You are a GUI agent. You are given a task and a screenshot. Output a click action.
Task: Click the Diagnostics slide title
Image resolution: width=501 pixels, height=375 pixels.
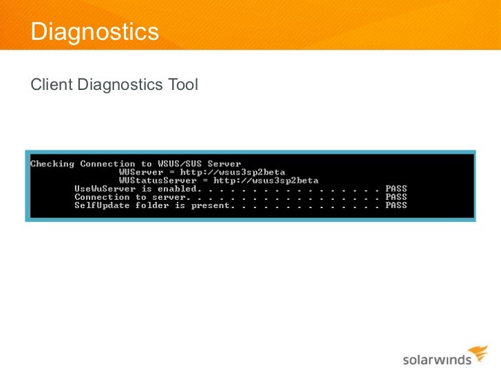(95, 32)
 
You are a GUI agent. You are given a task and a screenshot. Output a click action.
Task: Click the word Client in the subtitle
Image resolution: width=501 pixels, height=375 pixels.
(52, 85)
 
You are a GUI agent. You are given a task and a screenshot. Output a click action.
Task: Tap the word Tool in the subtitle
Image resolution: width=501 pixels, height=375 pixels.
(182, 85)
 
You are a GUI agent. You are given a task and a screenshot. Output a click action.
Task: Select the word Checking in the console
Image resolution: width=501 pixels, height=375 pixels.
(53, 163)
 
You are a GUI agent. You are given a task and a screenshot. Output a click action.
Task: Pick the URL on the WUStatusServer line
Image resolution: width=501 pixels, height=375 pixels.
(266, 180)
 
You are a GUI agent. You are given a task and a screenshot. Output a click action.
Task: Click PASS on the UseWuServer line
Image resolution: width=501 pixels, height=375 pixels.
(396, 188)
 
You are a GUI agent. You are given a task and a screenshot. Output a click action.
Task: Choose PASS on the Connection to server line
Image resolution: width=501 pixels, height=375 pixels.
(396, 196)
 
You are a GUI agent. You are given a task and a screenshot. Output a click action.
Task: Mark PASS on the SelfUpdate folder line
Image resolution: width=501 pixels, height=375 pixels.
(396, 205)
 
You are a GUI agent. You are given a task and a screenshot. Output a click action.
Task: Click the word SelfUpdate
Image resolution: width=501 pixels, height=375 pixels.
(102, 205)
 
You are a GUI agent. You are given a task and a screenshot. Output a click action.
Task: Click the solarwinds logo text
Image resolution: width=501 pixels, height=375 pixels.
(436, 359)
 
